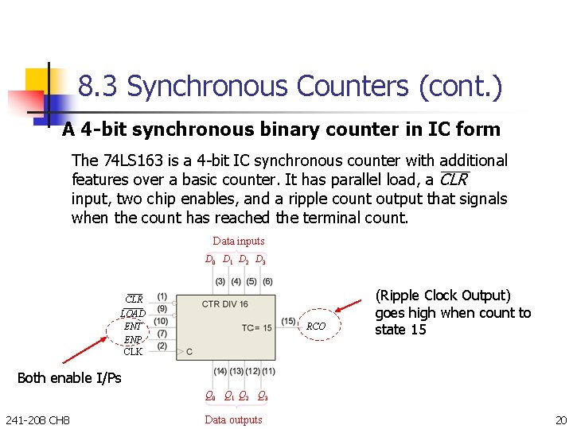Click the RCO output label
tap(316, 326)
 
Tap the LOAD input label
tap(133, 313)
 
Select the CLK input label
tap(133, 350)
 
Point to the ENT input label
tap(133, 326)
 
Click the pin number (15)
tap(288, 321)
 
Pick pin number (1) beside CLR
tap(162, 296)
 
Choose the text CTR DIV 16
tap(225, 303)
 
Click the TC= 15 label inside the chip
tap(257, 327)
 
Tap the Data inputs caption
tap(239, 241)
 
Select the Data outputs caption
tap(233, 419)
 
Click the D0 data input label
tap(210, 259)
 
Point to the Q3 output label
tap(262, 396)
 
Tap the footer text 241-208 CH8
tap(37, 419)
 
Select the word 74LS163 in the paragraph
tap(128, 160)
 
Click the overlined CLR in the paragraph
tap(454, 180)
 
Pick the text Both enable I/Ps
tap(69, 377)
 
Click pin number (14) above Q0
tap(220, 371)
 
